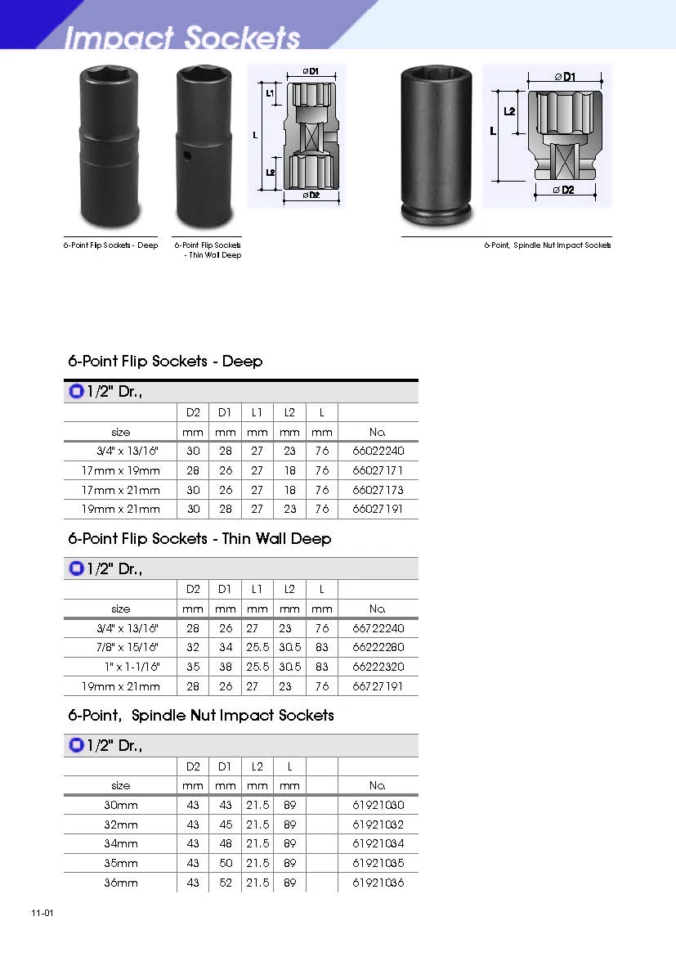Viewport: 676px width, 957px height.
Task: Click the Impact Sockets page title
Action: click(181, 37)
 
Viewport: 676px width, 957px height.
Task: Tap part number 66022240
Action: click(378, 451)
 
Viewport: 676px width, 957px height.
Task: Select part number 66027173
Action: click(378, 490)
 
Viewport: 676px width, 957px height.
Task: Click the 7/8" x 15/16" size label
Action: click(127, 647)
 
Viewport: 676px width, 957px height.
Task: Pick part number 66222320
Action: click(378, 667)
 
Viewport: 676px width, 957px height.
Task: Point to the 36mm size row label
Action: click(121, 883)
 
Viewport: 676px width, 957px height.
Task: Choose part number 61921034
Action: click(378, 843)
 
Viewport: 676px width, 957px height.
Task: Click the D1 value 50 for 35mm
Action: click(226, 863)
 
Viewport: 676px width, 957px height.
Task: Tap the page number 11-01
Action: click(43, 913)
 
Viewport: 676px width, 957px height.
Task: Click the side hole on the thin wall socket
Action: click(187, 156)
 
